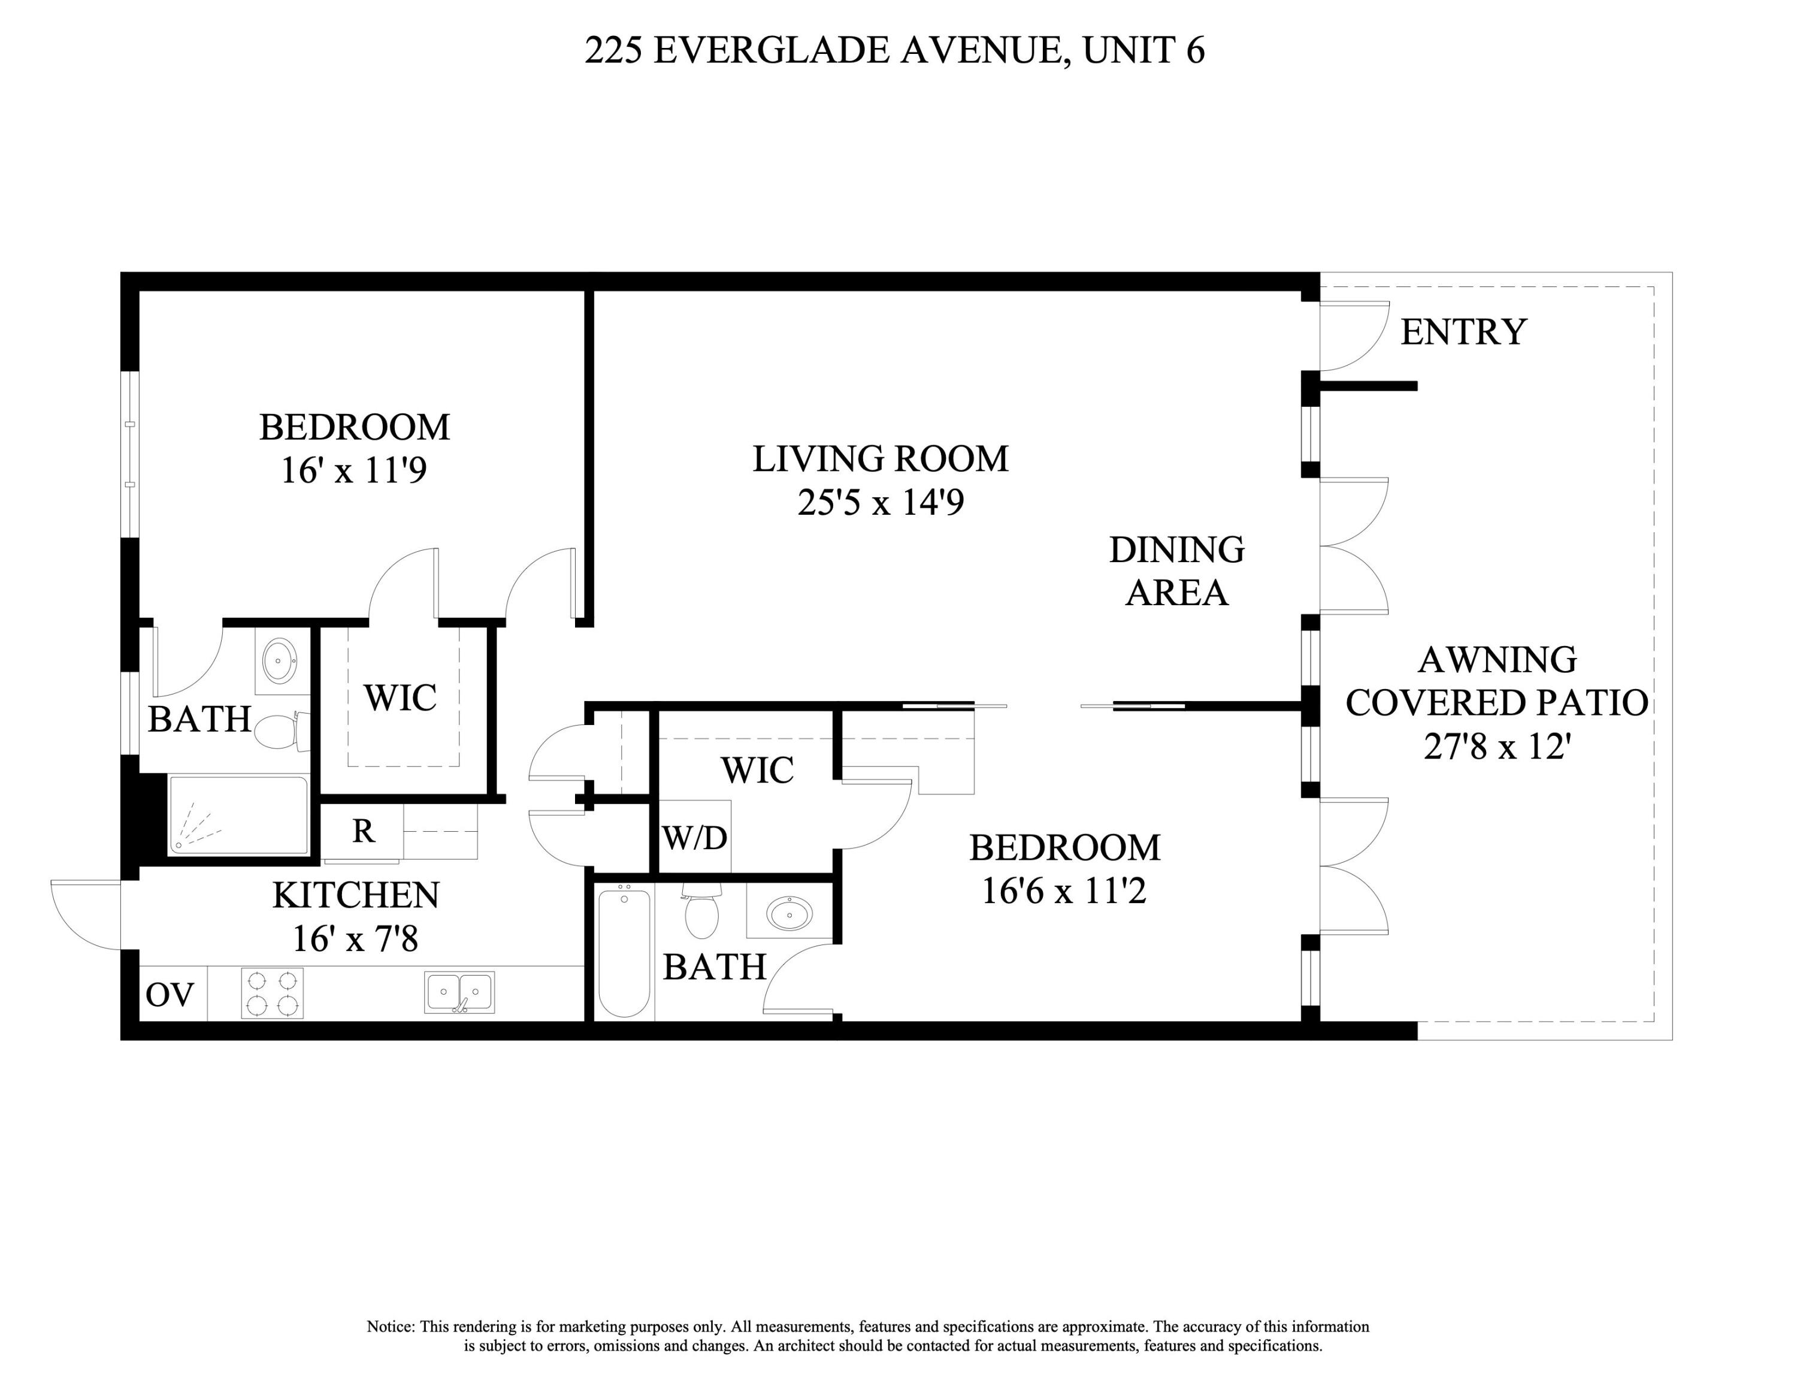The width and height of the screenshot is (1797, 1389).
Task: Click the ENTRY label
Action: tap(1463, 331)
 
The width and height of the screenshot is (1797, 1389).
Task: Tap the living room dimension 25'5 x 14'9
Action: tap(881, 502)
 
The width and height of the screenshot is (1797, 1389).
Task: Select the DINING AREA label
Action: tap(1176, 571)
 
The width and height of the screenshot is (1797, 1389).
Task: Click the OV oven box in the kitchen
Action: tap(170, 995)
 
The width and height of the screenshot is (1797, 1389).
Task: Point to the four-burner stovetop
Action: tap(273, 993)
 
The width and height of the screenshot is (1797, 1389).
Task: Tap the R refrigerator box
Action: tap(363, 832)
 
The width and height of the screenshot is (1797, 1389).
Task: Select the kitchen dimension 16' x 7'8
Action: tap(355, 938)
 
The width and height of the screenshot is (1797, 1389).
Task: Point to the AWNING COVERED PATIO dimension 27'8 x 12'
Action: tap(1497, 747)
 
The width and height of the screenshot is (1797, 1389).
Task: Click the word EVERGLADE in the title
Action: tap(773, 50)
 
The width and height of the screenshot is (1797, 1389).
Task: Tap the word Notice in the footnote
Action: tap(390, 1327)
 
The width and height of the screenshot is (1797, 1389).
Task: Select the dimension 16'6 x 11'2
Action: tap(1064, 890)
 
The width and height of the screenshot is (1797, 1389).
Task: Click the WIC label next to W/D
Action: tap(757, 770)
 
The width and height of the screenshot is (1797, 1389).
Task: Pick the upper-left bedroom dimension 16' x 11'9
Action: tap(354, 470)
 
